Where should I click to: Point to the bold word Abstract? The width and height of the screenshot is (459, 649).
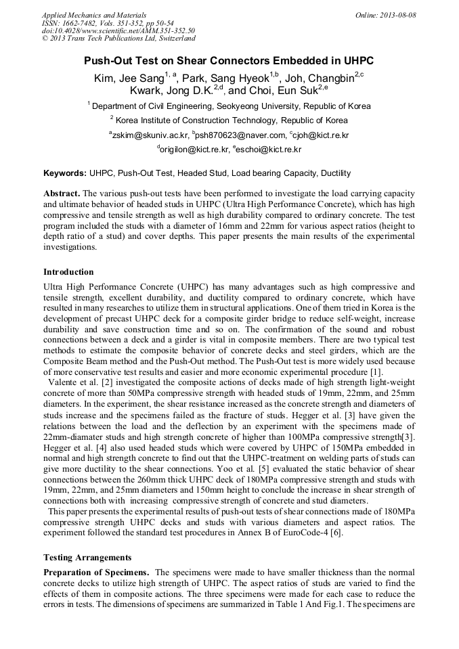coord(62,194)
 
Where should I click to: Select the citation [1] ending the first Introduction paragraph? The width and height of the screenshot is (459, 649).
coord(376,372)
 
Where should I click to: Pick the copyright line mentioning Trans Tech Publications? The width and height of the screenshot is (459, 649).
coord(118,38)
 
